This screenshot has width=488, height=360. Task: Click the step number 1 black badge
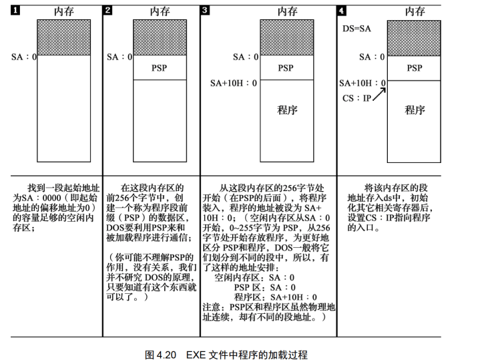point(15,11)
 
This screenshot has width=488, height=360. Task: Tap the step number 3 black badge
point(204,11)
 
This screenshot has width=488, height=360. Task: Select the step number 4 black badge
point(343,11)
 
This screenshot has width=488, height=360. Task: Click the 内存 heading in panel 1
point(64,11)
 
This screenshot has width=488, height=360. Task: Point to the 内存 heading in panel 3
point(287,11)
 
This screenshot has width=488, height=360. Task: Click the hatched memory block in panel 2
point(160,37)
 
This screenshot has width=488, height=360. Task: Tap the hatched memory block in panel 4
point(414,37)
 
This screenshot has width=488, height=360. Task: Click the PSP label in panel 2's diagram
point(160,68)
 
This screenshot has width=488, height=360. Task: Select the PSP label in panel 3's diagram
point(286,68)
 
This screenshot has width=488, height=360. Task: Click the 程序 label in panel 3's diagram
point(287,110)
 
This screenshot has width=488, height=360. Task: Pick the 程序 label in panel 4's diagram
point(415,110)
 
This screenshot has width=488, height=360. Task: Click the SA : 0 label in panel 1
point(24,57)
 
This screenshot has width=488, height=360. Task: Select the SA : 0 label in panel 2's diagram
point(120,57)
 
